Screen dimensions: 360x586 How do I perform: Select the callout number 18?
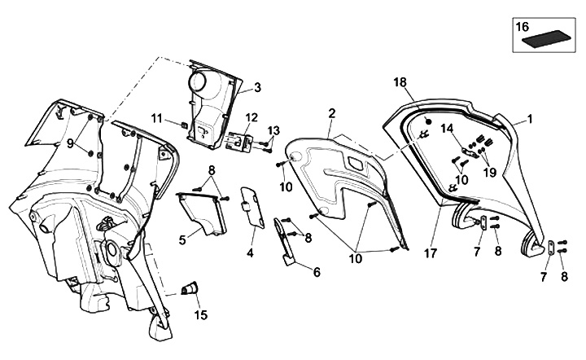[399, 82]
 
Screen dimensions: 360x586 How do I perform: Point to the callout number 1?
[529, 119]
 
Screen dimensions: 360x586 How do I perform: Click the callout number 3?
[257, 88]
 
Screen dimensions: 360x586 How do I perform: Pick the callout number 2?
[332, 112]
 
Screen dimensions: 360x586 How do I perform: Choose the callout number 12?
[229, 117]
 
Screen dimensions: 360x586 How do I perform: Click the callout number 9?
[70, 143]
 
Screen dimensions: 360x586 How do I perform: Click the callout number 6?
[316, 272]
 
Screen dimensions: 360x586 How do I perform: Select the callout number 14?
[446, 128]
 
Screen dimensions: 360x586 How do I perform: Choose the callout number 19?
[490, 172]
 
